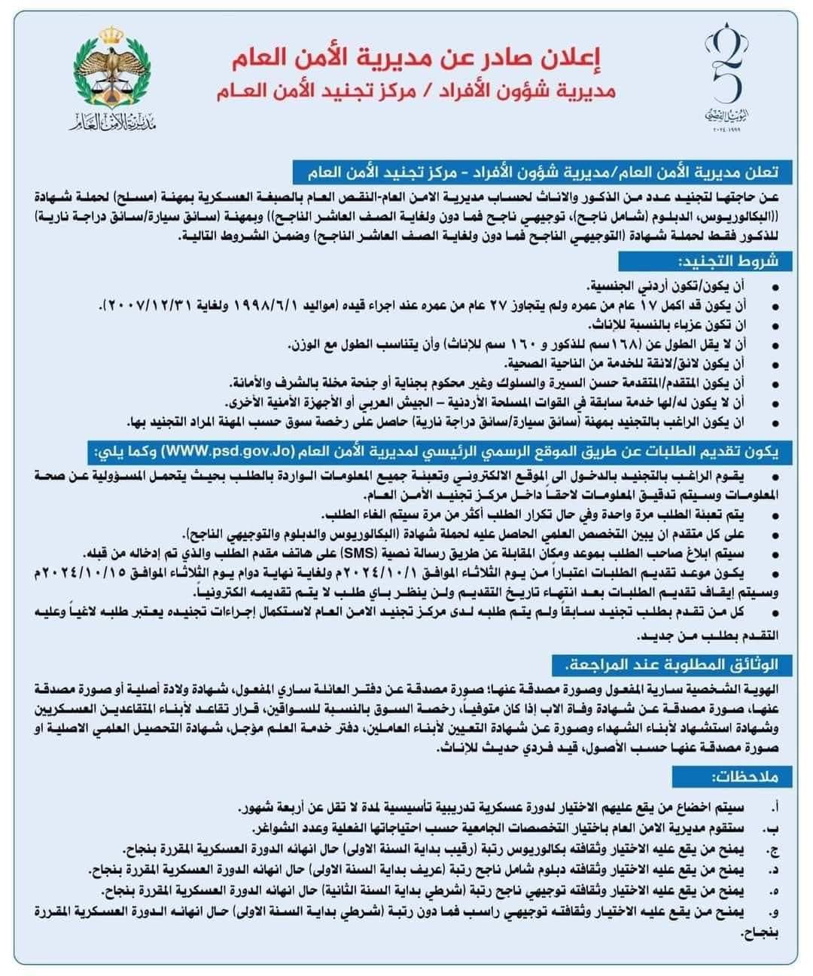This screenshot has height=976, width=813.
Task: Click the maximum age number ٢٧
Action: pyautogui.click(x=481, y=305)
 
